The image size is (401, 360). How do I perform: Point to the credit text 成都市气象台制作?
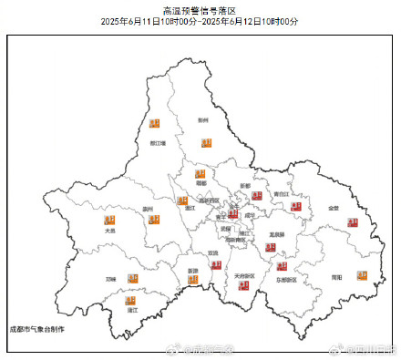point(36,325)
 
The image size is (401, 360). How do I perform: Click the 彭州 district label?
point(203,119)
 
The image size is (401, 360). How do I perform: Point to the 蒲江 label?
point(132,310)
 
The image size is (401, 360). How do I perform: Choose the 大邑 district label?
point(109,231)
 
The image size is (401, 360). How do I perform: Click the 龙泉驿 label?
point(276,234)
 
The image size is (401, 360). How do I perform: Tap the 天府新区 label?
point(244,274)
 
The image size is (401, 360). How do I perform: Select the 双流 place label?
point(213,252)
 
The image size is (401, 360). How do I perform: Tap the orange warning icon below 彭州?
point(207,141)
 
